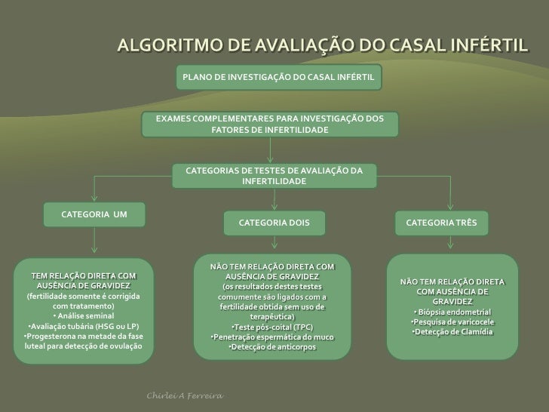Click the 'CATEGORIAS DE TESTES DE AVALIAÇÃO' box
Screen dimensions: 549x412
click(274, 177)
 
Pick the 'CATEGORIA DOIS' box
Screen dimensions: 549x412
click(274, 223)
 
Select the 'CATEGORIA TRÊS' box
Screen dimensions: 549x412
click(446, 223)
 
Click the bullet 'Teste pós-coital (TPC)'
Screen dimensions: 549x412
click(271, 327)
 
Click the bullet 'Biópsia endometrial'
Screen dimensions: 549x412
click(452, 312)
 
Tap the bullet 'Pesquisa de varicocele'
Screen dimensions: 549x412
click(452, 322)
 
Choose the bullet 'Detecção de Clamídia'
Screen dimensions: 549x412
click(452, 332)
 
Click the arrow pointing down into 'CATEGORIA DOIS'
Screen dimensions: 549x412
click(274, 202)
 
